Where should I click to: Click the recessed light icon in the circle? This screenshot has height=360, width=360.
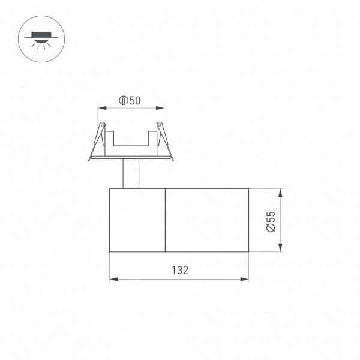pos(37,37)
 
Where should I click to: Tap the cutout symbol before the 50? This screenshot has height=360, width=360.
pos(123,101)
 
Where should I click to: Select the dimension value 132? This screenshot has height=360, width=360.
pos(179,270)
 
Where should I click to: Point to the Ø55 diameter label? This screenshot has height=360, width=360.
pos(271,221)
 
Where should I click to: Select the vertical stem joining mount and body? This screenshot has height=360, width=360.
pos(131,173)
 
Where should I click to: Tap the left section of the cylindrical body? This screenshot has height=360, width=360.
pos(137,220)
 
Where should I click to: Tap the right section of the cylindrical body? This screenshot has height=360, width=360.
pos(206,220)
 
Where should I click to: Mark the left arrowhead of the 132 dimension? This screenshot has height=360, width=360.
pos(112,279)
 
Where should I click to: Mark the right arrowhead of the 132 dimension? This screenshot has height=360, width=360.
pos(245,279)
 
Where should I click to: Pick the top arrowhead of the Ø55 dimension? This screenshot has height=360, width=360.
pos(281,192)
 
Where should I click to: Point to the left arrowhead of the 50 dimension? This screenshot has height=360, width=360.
pos(101,109)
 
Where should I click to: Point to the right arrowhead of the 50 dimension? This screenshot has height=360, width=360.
pos(161,109)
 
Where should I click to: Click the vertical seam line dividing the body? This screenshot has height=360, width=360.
pos(165,220)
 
